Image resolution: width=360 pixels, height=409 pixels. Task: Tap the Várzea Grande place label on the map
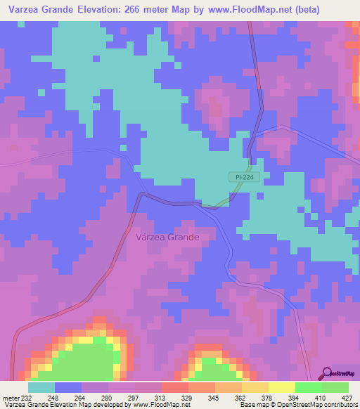[167, 238]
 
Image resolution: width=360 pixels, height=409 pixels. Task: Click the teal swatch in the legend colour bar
[41, 387]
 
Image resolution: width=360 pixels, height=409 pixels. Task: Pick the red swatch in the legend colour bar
[174, 387]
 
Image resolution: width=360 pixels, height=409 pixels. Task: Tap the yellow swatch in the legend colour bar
[281, 387]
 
